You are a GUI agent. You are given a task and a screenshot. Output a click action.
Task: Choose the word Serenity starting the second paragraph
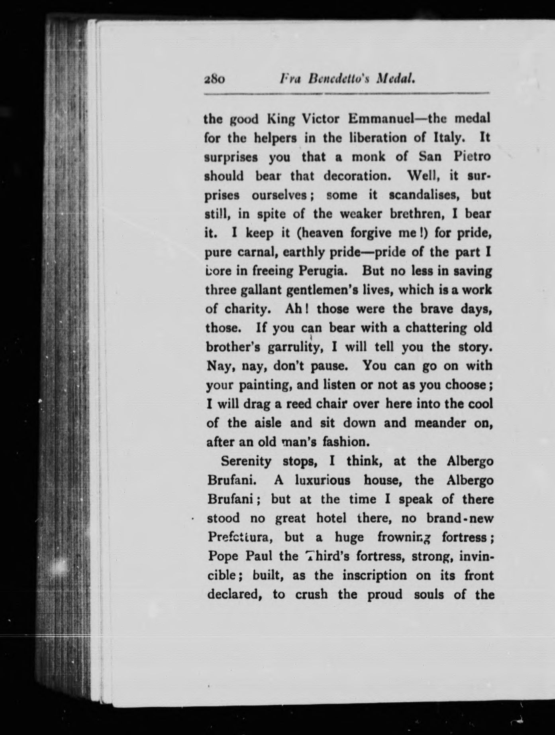point(246,461)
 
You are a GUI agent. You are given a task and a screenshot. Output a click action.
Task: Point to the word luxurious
point(322,480)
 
